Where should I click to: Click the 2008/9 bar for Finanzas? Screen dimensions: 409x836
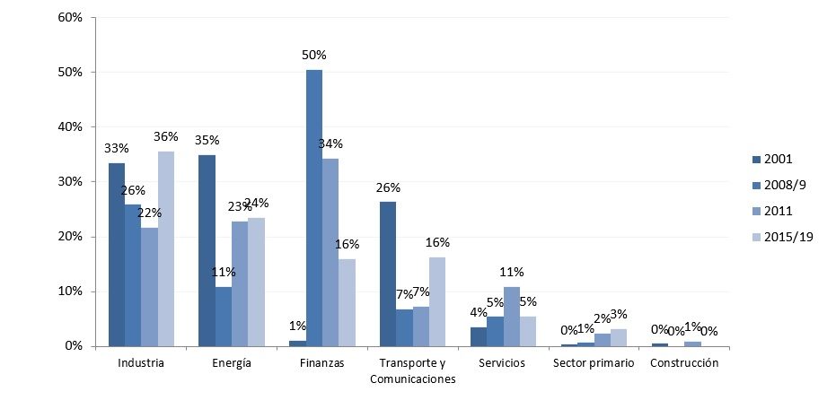pos(313,207)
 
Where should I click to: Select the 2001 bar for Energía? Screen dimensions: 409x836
pos(207,250)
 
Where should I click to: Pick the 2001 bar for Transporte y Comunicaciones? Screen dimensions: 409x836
pos(388,274)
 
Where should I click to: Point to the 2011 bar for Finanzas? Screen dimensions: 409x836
pos(330,252)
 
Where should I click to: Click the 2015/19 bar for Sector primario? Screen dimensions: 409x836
pos(619,337)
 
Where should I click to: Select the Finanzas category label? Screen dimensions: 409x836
pos(322,363)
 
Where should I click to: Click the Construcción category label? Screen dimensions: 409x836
pos(684,363)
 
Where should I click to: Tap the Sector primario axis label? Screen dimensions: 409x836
pos(593,363)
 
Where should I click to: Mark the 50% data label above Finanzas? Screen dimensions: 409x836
pos(313,56)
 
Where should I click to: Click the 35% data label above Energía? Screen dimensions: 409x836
pos(207,141)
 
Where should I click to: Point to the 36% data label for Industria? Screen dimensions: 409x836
pos(166,137)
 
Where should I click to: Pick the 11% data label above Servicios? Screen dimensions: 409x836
pos(512,273)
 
